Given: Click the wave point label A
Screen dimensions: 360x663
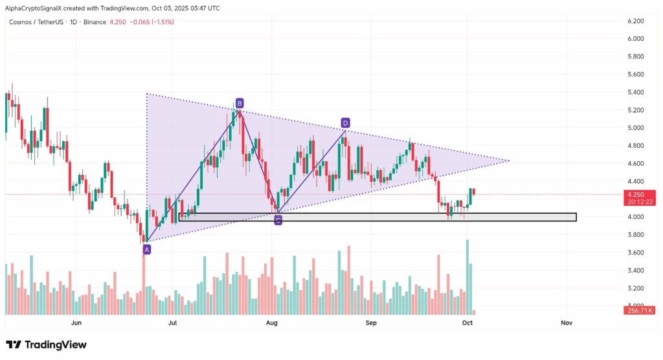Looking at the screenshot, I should point(147,249).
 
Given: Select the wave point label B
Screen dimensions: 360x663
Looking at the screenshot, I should point(240,103).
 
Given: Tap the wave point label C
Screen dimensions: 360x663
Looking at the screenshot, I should point(278,220).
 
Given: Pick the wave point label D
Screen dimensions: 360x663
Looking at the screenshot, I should point(345,122).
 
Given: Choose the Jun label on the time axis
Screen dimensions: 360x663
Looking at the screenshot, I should point(76,322).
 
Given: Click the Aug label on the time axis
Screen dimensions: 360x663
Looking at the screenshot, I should point(272,322).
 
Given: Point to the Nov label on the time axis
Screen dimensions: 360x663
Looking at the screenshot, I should point(567,322).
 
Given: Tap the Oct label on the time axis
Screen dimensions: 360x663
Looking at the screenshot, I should point(467,322).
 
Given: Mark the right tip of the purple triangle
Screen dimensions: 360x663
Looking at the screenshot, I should point(509,161).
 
